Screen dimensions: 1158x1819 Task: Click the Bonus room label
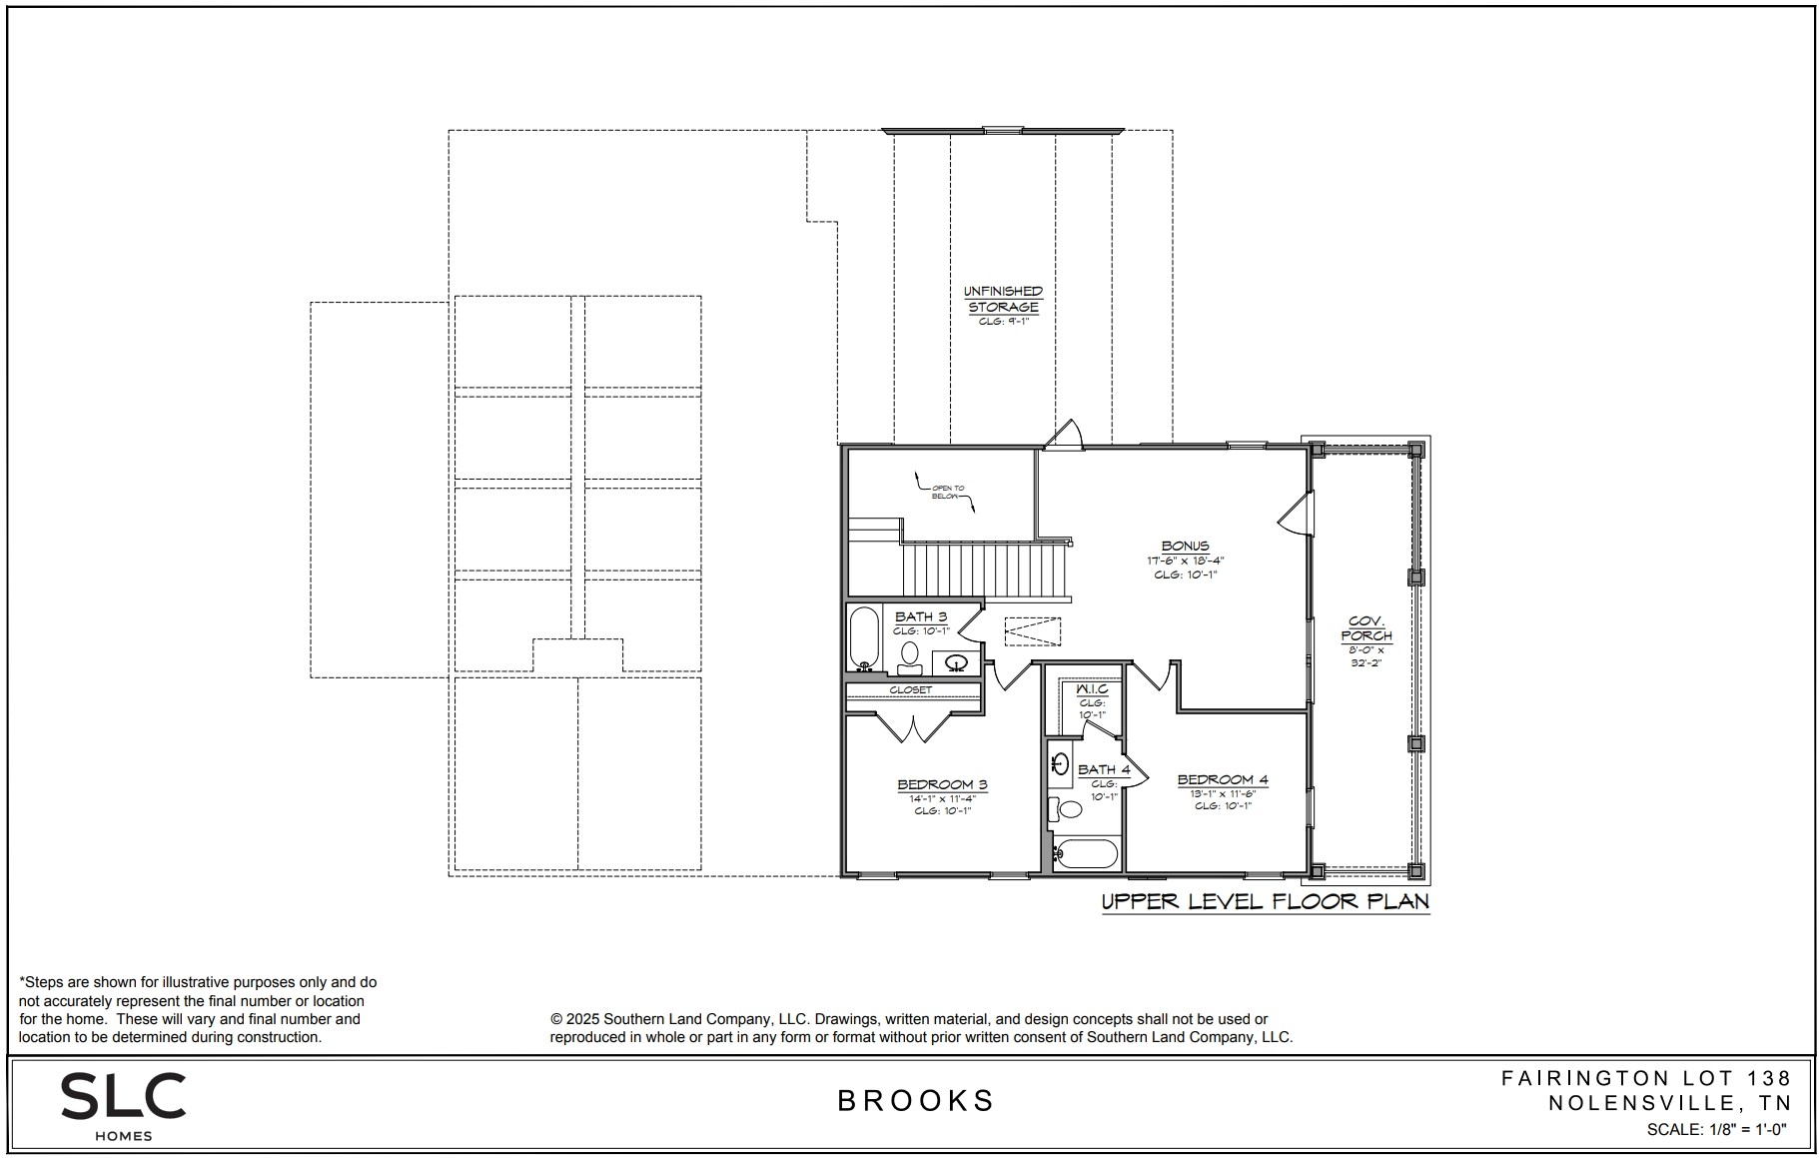(x=1185, y=547)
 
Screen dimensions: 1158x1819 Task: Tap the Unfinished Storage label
(x=1003, y=299)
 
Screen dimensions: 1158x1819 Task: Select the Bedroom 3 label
(x=942, y=784)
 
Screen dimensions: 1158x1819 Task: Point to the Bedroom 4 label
(x=1223, y=779)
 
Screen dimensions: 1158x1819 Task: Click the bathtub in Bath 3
(x=864, y=637)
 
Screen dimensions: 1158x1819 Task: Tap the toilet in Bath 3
(x=909, y=655)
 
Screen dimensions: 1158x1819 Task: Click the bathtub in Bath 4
(x=1087, y=854)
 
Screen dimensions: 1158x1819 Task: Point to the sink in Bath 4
(x=1061, y=765)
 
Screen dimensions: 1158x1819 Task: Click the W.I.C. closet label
(x=1091, y=689)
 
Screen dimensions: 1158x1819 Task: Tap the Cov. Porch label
(x=1365, y=628)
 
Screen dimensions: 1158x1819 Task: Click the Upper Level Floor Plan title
(x=1265, y=901)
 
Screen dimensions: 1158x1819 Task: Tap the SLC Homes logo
(x=123, y=1104)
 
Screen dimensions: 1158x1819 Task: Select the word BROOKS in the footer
(x=916, y=1100)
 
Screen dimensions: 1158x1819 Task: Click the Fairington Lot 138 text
(x=1646, y=1078)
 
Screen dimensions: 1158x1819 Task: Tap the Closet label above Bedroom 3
(x=910, y=689)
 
